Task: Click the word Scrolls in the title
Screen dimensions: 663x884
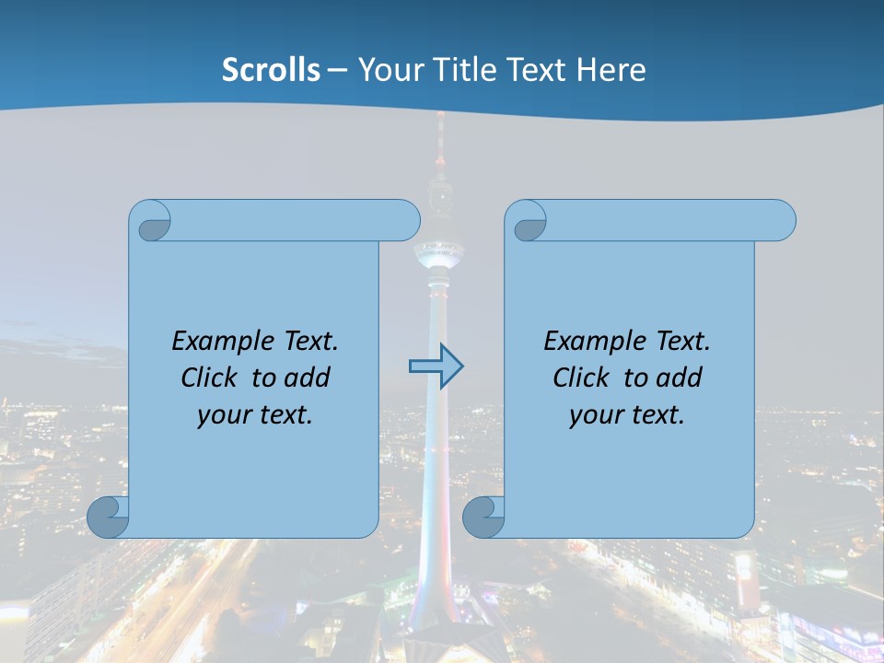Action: click(272, 70)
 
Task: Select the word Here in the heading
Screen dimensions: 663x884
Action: click(611, 70)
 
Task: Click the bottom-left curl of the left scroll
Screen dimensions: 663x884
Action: click(108, 517)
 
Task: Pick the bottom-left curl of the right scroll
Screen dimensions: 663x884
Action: click(483, 517)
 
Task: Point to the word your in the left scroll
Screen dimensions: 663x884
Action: click(225, 415)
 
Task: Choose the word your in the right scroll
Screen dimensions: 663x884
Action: click(597, 415)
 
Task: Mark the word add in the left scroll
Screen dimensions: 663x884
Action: click(308, 378)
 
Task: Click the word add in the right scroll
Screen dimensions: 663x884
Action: click(680, 378)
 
